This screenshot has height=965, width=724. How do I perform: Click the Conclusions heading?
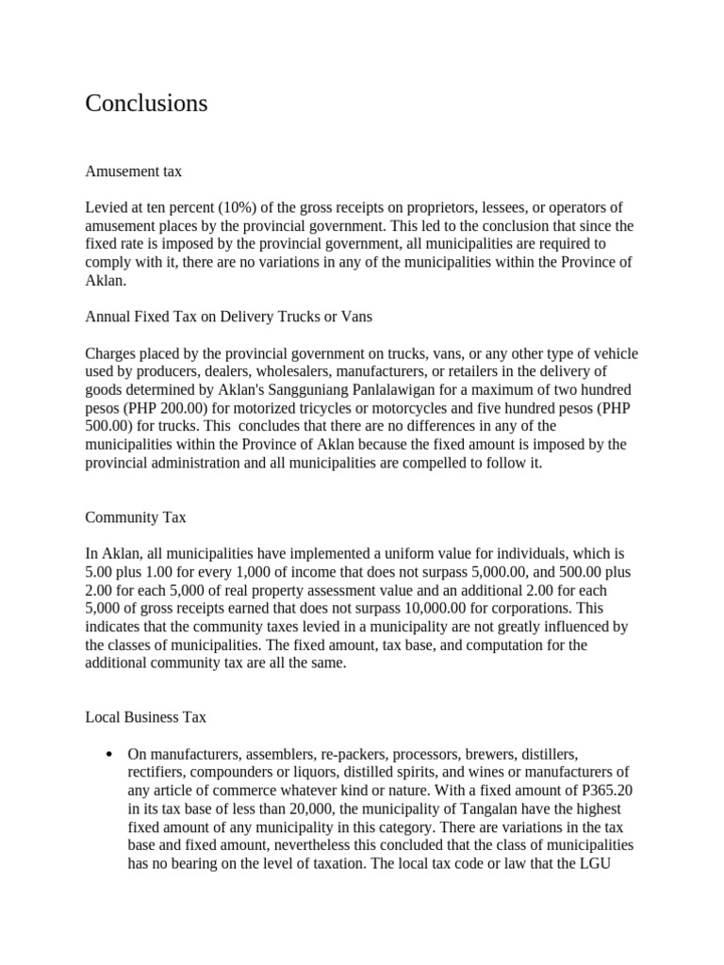146,104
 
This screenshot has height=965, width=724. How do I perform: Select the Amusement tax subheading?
133,172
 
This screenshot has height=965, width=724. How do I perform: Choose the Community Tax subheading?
136,517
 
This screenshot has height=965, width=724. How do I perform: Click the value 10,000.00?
427,608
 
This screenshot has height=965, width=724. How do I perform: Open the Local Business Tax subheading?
145,717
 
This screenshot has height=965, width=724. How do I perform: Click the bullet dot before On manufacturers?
110,755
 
